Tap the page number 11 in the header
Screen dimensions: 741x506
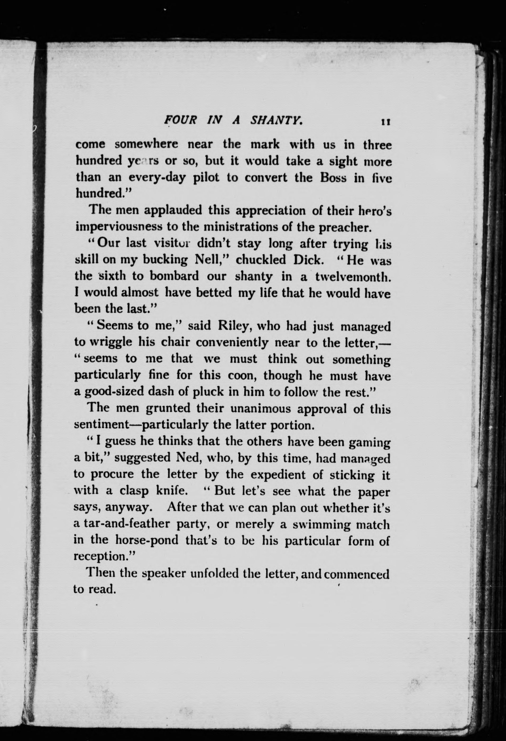[x=385, y=122]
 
